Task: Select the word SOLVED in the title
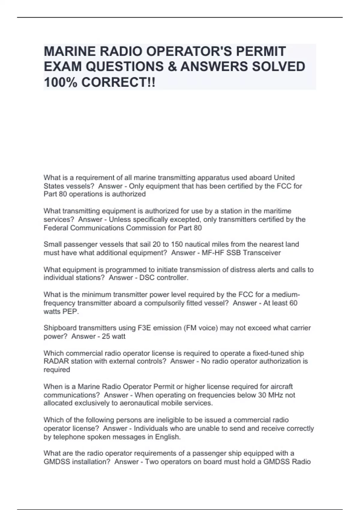click(278, 67)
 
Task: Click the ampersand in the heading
click(172, 67)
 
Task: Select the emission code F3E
click(145, 328)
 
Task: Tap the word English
click(168, 437)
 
